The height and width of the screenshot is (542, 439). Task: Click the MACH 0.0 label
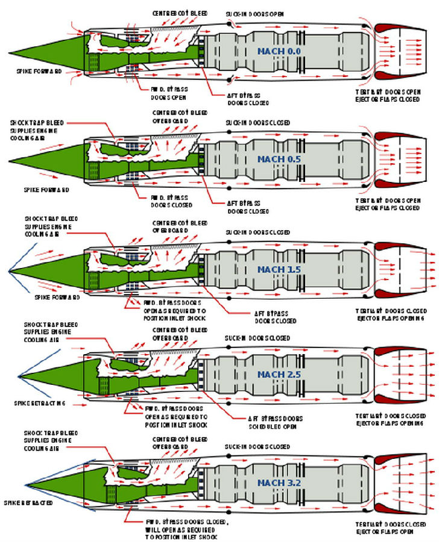click(x=279, y=52)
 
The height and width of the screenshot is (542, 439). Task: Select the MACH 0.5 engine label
click(x=279, y=159)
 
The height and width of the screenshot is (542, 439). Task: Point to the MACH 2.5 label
click(x=279, y=375)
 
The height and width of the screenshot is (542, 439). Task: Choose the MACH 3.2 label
click(x=279, y=482)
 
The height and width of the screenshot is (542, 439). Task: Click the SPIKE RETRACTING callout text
click(x=39, y=403)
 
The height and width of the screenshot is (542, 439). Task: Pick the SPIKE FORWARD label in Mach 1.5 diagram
click(x=57, y=297)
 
